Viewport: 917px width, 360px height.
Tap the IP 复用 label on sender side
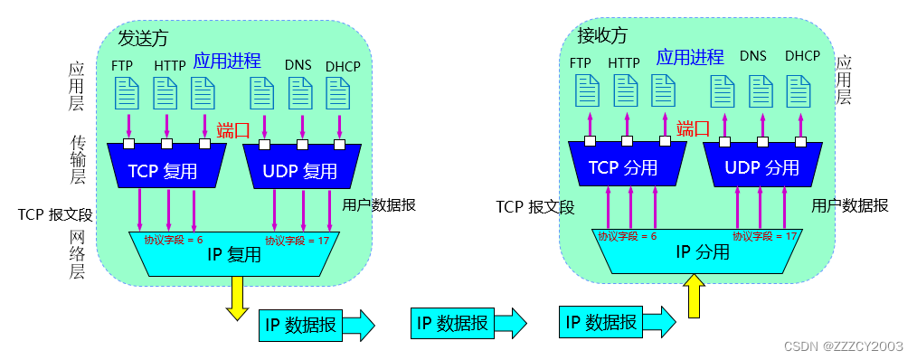pyautogui.click(x=234, y=255)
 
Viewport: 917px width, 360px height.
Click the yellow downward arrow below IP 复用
pyautogui.click(x=238, y=298)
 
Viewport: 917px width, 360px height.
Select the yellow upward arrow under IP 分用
pyautogui.click(x=694, y=296)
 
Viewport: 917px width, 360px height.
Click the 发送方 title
pyautogui.click(x=143, y=38)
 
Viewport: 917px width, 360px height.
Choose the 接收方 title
pyautogui.click(x=602, y=35)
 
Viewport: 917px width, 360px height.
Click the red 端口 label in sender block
pyautogui.click(x=233, y=130)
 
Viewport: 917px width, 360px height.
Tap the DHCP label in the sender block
pyautogui.click(x=344, y=65)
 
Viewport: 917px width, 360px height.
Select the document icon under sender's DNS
pyautogui.click(x=300, y=93)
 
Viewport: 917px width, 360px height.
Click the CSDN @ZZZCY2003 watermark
pyautogui.click(x=847, y=346)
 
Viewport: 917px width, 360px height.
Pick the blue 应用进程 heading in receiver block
pyautogui.click(x=690, y=57)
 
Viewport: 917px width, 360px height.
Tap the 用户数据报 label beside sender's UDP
pyautogui.click(x=379, y=204)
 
